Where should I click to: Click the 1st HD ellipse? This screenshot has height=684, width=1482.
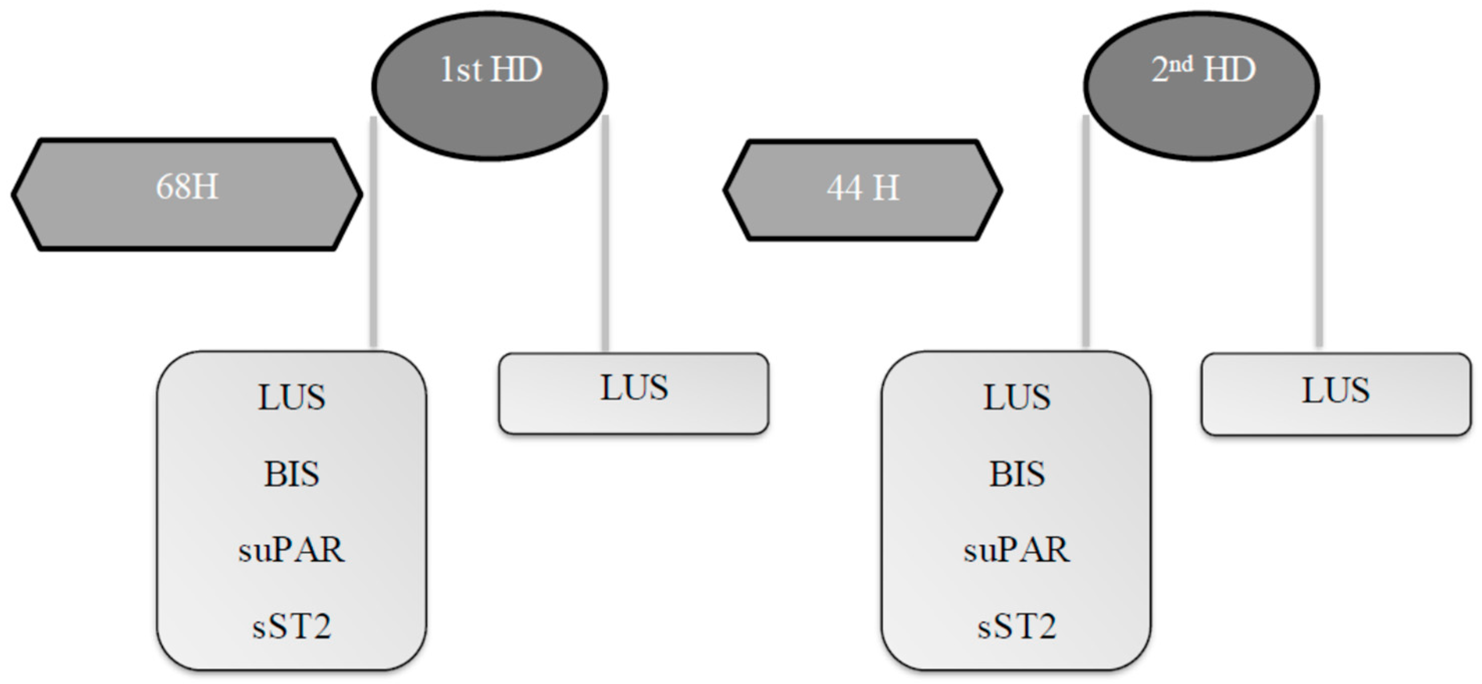point(489,86)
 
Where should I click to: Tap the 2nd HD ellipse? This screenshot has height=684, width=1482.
point(1201,86)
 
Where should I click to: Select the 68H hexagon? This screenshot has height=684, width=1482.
point(187,194)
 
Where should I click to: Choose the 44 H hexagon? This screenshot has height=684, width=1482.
point(862,190)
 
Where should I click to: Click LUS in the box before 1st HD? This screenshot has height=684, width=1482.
point(291,397)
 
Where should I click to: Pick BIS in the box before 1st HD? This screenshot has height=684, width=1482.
point(291,474)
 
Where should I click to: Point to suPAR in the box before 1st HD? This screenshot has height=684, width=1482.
point(291,550)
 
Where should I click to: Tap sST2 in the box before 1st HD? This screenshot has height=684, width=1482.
point(291,626)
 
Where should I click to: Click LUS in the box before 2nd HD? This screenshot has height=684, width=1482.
point(1017,397)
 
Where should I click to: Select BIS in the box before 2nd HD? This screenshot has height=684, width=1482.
point(1017,474)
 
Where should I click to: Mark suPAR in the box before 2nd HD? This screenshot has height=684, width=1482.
point(1017,550)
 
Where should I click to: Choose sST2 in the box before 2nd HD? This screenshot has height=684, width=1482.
point(1017,626)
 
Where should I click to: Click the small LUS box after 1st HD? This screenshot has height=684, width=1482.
point(634,393)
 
